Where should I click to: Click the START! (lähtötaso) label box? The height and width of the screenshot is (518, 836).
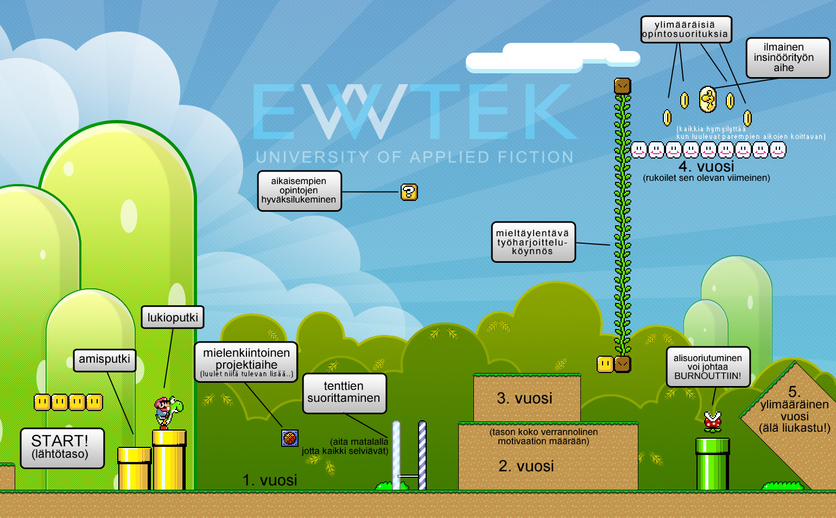[62, 448]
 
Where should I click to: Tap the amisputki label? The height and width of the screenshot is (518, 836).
[104, 359]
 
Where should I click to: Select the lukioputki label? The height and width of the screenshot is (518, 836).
[173, 318]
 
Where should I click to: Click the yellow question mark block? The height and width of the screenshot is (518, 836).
[409, 192]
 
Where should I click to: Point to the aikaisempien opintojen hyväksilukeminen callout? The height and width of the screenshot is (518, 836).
[299, 191]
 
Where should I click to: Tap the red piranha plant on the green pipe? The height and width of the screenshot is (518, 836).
[712, 421]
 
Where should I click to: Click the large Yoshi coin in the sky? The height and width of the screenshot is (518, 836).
[707, 99]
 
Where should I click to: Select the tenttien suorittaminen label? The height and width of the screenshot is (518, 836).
[344, 393]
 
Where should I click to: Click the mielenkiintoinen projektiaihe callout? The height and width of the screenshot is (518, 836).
[246, 362]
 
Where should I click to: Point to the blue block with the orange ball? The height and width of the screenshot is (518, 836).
[290, 438]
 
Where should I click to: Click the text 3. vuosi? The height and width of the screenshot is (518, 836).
[524, 399]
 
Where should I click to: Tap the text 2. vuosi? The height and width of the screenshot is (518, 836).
[526, 466]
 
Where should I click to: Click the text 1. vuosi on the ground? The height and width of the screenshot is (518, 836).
[270, 480]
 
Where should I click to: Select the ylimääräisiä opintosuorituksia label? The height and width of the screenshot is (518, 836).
[686, 29]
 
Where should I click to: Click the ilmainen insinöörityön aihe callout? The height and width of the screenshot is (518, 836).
[788, 58]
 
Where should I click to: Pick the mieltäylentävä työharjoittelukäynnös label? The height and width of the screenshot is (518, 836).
[533, 242]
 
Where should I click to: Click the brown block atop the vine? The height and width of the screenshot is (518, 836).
[622, 86]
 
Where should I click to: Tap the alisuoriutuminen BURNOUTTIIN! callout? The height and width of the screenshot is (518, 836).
[708, 367]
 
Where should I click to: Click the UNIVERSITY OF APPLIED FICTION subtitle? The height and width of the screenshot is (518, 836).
[415, 157]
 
